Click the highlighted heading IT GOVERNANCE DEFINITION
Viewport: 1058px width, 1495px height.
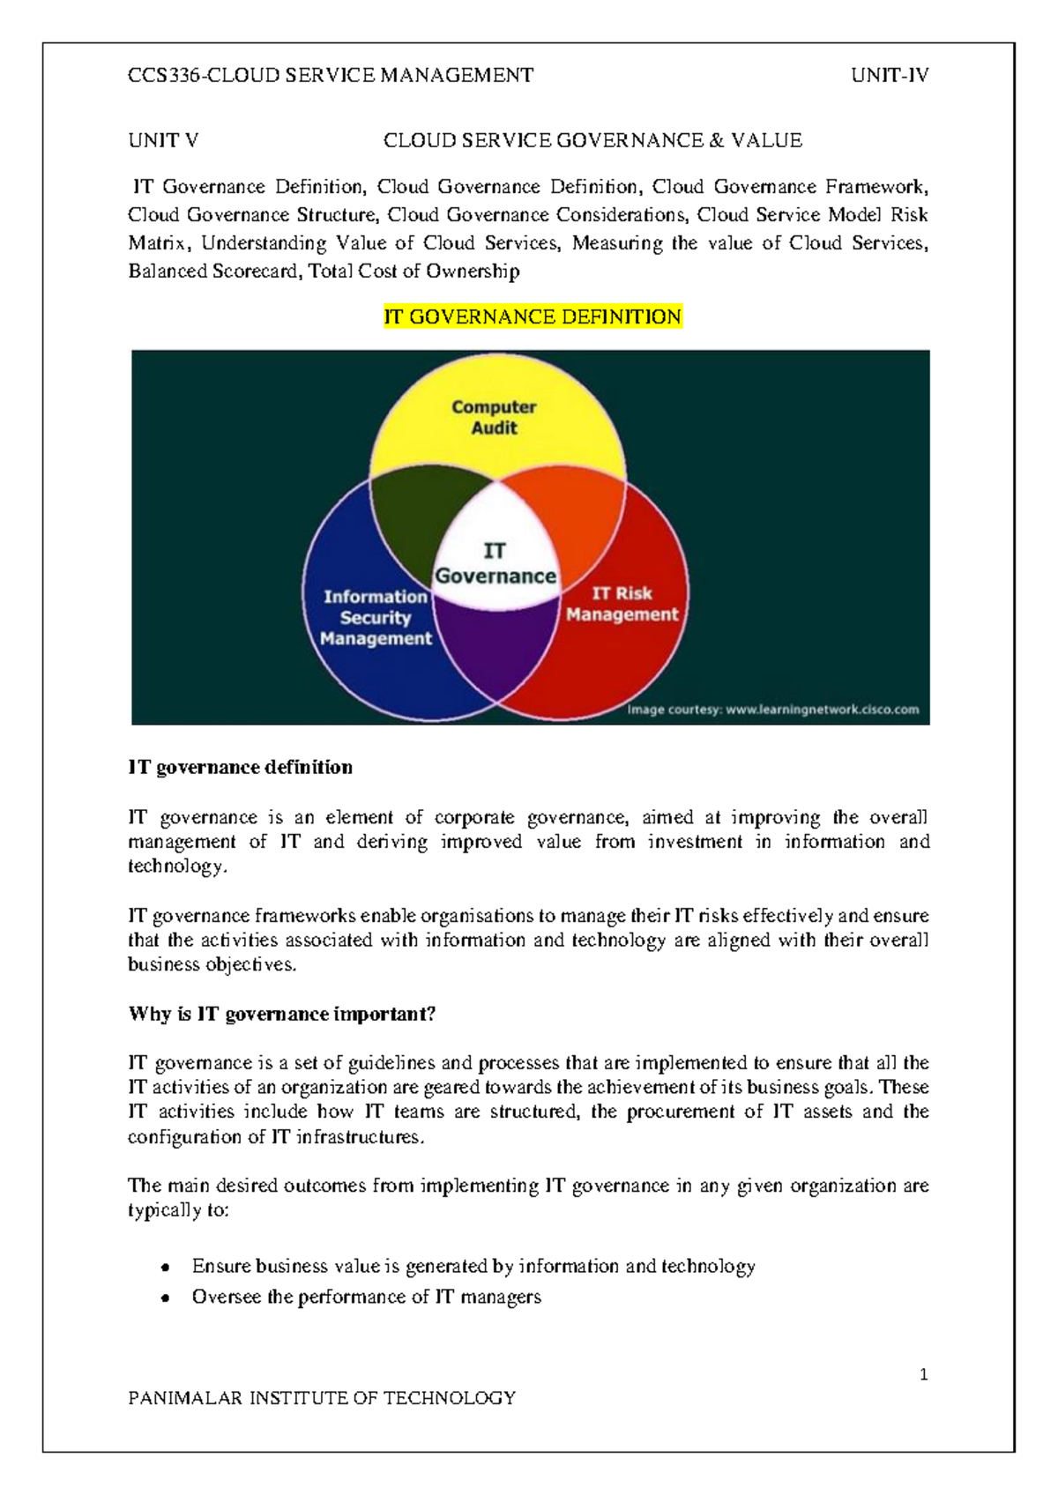pos(533,317)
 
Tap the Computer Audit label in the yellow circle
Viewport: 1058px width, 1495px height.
pos(494,418)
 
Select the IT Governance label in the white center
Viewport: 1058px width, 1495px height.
pos(495,564)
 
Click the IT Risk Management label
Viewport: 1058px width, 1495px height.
pos(622,604)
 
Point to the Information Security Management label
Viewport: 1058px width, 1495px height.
pos(376,617)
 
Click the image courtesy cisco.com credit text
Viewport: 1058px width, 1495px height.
pos(773,710)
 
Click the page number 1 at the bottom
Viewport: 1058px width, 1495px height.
pos(923,1374)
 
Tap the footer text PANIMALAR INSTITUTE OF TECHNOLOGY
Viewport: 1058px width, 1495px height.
pos(322,1398)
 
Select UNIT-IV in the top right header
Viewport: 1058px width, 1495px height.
pos(890,76)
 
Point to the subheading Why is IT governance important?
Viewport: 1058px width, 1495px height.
pos(282,1014)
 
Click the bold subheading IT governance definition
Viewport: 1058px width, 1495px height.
pos(241,768)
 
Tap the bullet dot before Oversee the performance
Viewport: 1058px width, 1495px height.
pos(165,1298)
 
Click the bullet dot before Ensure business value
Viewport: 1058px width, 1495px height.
pos(165,1268)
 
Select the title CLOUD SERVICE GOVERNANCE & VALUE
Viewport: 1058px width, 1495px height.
pos(592,141)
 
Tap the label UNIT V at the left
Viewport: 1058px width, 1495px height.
pos(163,141)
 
